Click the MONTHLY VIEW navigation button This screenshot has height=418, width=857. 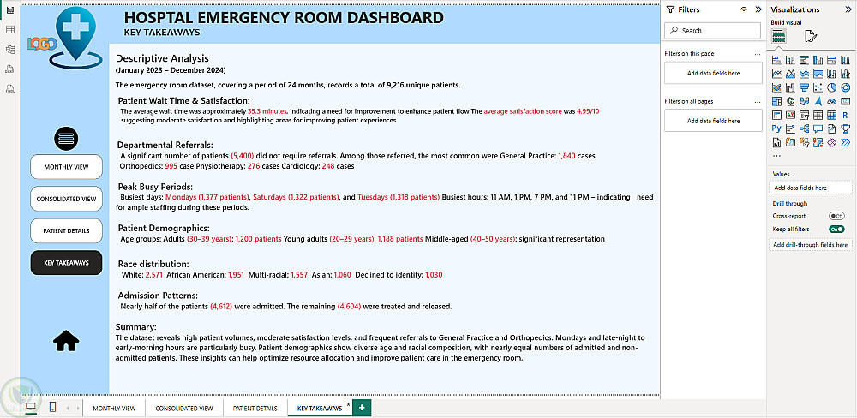(66, 166)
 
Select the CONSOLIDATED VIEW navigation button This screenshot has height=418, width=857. (66, 199)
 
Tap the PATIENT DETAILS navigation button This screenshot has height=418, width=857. (66, 231)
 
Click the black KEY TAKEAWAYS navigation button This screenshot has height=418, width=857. (66, 263)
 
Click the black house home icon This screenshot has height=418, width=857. (66, 341)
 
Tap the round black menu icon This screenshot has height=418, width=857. (66, 137)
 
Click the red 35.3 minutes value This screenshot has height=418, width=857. (267, 111)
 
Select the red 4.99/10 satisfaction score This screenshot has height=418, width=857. (588, 111)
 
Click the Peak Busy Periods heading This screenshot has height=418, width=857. (155, 186)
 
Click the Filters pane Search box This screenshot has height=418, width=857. (713, 31)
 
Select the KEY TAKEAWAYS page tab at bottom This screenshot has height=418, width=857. (319, 409)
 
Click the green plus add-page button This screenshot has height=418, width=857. (362, 408)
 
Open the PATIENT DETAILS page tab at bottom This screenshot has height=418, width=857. (255, 409)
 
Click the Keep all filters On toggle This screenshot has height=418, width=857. (836, 229)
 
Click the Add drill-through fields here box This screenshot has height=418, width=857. (811, 245)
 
